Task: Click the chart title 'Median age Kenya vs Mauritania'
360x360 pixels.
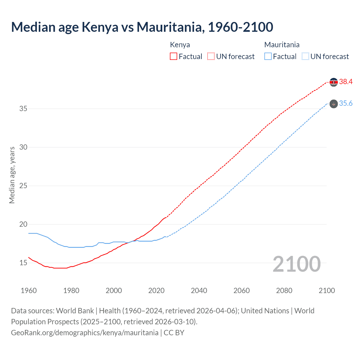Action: click(x=142, y=27)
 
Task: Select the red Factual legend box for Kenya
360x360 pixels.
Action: click(x=174, y=57)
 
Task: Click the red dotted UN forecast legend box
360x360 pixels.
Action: click(x=211, y=57)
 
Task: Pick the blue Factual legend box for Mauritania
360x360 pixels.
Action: click(x=268, y=57)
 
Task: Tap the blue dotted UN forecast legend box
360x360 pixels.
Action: click(x=305, y=57)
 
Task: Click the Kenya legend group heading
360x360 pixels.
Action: click(x=180, y=45)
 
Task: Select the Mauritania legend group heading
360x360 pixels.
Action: click(x=282, y=45)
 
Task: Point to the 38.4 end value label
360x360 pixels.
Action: click(x=346, y=82)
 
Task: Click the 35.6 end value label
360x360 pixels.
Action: click(x=346, y=103)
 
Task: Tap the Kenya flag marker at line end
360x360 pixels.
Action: click(x=334, y=82)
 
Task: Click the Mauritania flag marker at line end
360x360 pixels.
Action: click(x=334, y=104)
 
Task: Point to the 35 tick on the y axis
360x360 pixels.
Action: click(x=23, y=109)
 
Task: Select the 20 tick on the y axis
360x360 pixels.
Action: click(x=23, y=224)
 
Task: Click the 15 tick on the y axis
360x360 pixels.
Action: click(x=23, y=263)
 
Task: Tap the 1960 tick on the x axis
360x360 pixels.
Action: click(x=29, y=291)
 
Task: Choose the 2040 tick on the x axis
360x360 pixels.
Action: click(x=199, y=291)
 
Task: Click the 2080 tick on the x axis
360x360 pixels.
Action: click(x=284, y=291)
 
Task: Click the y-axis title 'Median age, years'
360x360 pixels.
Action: click(x=12, y=175)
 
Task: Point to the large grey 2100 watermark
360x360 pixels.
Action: click(x=297, y=264)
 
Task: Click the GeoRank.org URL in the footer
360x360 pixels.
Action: click(x=85, y=333)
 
